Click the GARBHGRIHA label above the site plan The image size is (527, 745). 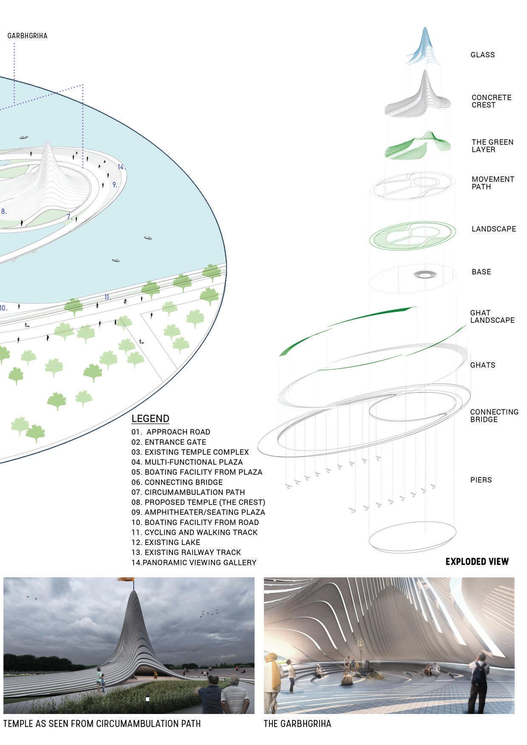27,36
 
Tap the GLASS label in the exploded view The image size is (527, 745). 482,55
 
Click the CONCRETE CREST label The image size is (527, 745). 491,101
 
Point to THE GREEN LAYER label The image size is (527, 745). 492,146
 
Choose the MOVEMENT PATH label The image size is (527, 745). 493,183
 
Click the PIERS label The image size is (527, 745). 481,480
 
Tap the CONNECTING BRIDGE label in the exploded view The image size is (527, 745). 494,415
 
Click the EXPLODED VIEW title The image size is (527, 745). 477,562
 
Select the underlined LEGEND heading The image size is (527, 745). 150,418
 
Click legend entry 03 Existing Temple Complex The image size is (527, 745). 190,452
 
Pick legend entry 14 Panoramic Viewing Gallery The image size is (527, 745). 194,562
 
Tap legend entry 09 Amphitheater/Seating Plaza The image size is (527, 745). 198,512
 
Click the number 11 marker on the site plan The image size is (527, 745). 108,297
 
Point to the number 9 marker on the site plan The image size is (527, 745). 115,185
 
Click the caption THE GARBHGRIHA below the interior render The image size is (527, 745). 297,723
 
